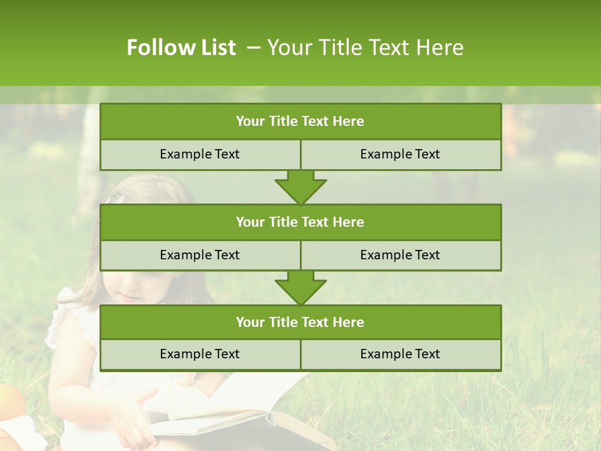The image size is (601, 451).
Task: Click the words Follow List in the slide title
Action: click(x=181, y=48)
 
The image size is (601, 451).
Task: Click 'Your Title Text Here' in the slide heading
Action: click(x=365, y=48)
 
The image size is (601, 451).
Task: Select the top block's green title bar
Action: click(x=300, y=122)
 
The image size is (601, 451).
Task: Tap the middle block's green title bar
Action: click(x=300, y=222)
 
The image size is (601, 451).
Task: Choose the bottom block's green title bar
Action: click(x=300, y=322)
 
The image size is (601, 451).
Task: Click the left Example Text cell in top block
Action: click(x=200, y=154)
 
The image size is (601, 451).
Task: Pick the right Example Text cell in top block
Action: click(x=401, y=154)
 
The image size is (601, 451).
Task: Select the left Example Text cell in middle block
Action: click(x=200, y=255)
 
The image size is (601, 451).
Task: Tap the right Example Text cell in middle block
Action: click(x=401, y=255)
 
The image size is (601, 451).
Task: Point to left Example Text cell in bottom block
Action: click(x=200, y=354)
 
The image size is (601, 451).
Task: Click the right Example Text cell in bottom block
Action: click(x=401, y=354)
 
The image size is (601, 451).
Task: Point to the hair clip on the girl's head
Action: click(x=115, y=200)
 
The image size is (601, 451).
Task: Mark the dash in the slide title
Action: click(x=253, y=48)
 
